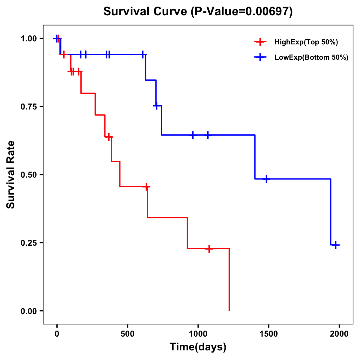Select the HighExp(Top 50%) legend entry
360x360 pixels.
[x=306, y=42]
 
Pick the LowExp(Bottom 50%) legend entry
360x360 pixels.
[x=311, y=58]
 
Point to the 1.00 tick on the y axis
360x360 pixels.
[x=28, y=39]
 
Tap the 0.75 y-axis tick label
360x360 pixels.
[x=28, y=107]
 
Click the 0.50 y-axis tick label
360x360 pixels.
[x=28, y=175]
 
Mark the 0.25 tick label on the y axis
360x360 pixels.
[x=28, y=243]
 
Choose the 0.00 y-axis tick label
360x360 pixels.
[x=28, y=311]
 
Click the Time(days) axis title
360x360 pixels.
[x=198, y=347]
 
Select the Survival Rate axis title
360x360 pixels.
[x=11, y=175]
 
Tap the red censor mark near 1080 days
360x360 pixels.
[x=209, y=249]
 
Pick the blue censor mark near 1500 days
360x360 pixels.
[x=266, y=179]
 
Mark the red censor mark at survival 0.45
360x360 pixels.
[x=146, y=187]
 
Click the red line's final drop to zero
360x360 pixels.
[x=229, y=279]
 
